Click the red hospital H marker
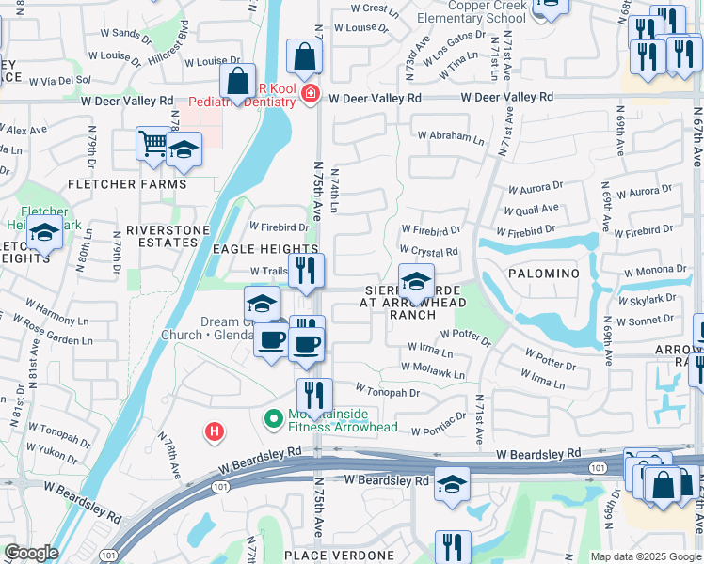click(215, 431)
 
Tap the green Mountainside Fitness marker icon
click(274, 418)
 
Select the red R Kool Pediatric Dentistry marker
click(310, 95)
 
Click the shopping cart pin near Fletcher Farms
click(152, 145)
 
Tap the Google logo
click(31, 553)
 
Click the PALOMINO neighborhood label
click(543, 273)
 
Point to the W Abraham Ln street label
click(451, 136)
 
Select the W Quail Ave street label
click(532, 209)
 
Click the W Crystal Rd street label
click(428, 252)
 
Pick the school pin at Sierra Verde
click(415, 280)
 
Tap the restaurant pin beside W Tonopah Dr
click(314, 395)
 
